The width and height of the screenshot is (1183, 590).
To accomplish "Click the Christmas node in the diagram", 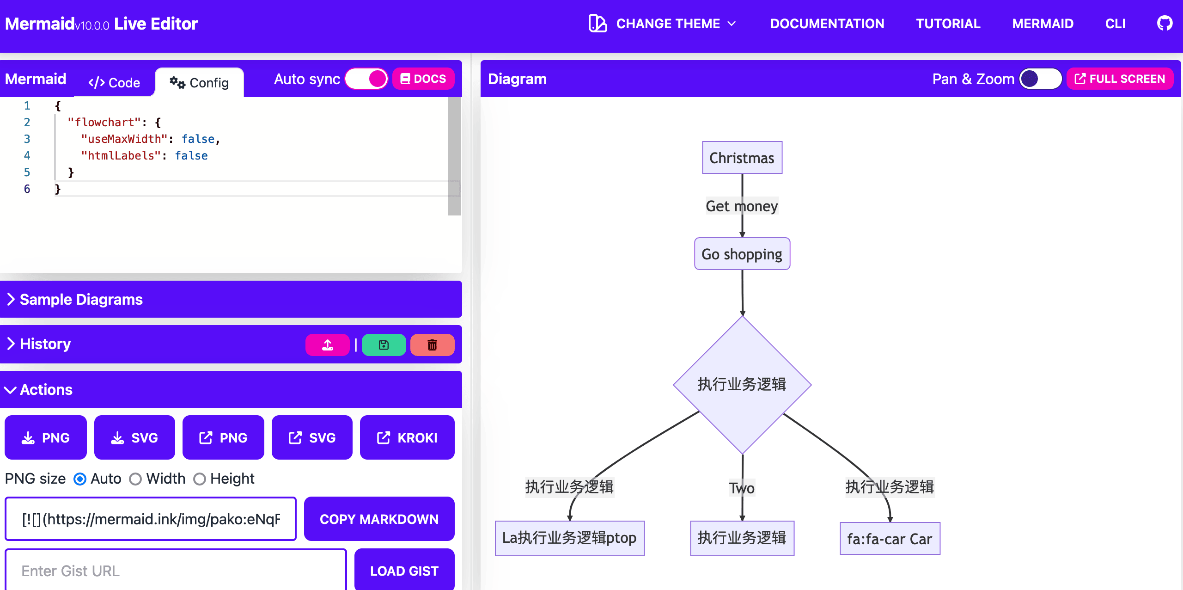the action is [x=742, y=158].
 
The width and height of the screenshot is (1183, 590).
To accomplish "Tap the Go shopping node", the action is [x=742, y=254].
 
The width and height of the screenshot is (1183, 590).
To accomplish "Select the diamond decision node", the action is [x=742, y=385].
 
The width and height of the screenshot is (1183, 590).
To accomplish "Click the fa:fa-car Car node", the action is [x=890, y=539].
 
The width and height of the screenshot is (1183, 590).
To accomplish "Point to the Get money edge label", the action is [x=742, y=206].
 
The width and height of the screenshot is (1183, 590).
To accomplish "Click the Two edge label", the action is [x=742, y=488].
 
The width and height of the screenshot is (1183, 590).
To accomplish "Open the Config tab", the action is [x=199, y=83].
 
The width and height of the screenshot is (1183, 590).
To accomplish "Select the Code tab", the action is [x=114, y=83].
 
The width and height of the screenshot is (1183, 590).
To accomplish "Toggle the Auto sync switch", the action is [x=366, y=79].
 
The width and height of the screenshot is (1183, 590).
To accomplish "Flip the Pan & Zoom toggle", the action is [x=1041, y=79].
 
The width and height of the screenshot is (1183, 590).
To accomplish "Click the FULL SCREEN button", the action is [x=1120, y=79].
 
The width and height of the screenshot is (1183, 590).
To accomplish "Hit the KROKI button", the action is [x=407, y=437].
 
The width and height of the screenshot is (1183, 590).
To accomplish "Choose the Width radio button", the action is [x=135, y=479].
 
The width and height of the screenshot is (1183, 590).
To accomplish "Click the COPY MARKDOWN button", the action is [x=379, y=519].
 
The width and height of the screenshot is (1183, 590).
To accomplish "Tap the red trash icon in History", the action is [x=433, y=345].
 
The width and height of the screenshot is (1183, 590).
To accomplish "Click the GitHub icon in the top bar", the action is [x=1165, y=23].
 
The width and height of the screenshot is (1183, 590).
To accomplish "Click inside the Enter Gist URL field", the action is [x=176, y=571].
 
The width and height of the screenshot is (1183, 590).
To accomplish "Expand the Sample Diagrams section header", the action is [x=231, y=299].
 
